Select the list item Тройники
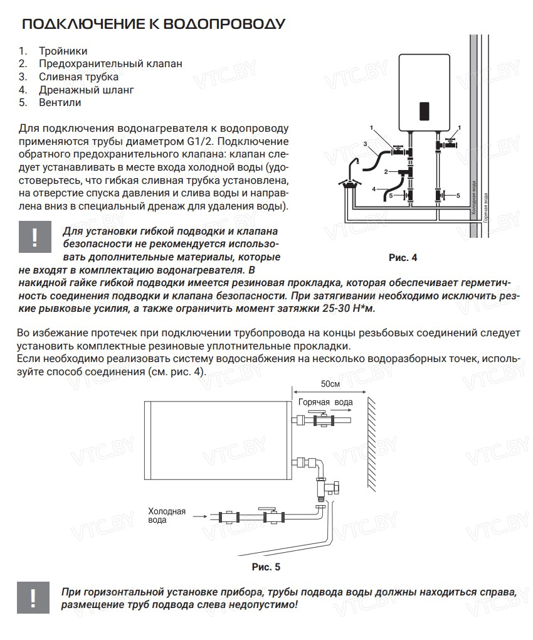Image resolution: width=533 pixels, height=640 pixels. [x=63, y=51]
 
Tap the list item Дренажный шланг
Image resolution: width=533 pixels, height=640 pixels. [x=86, y=90]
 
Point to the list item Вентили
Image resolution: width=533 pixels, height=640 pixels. [x=60, y=102]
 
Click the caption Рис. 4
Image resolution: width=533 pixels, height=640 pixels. [x=403, y=257]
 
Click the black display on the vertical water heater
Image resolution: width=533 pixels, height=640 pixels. [x=424, y=112]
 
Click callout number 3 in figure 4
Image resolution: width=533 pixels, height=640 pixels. [x=365, y=144]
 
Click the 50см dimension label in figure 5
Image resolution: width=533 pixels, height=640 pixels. [x=330, y=383]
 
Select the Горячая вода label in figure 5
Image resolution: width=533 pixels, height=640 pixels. [x=325, y=402]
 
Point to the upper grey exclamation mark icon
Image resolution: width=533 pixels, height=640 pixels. [x=34, y=237]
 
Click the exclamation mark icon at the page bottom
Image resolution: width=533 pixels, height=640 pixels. [x=33, y=598]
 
